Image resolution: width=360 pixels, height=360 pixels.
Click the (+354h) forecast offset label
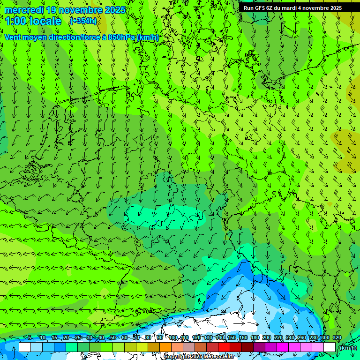pos(83,21)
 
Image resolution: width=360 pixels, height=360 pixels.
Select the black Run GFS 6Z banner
pos(299,7)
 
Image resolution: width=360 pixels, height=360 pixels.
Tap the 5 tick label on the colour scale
pos(30,338)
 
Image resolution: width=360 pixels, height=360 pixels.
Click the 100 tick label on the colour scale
pos(173,338)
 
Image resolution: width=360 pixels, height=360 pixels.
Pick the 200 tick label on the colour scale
pos(267,338)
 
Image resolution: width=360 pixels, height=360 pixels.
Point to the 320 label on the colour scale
pos(337,338)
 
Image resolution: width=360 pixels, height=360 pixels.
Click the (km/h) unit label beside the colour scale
pos(347,348)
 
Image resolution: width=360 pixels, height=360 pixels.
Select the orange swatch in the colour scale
pos(165,347)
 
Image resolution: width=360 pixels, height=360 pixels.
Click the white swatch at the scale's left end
pos(25,347)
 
